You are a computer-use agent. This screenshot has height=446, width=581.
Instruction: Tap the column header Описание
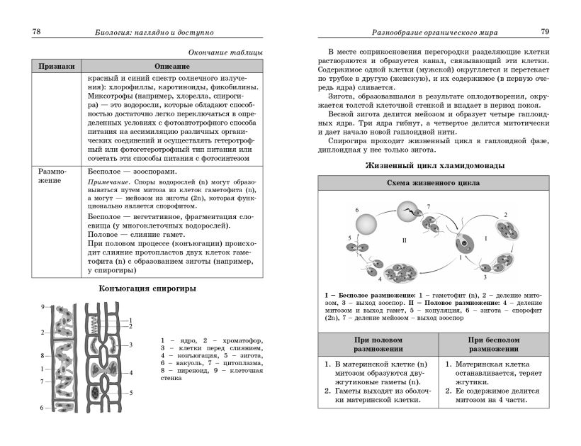(171, 65)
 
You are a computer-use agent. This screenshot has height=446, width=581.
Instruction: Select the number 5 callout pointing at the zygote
(130, 392)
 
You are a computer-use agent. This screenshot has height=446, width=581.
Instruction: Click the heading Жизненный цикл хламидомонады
(434, 166)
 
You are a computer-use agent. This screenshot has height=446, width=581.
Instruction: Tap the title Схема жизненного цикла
(434, 183)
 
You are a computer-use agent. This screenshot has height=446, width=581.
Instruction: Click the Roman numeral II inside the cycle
(405, 240)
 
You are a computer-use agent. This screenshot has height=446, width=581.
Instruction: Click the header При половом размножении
(378, 344)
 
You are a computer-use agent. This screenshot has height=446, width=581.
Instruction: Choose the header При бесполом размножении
(494, 344)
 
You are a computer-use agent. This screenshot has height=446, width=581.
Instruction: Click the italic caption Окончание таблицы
(225, 52)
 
